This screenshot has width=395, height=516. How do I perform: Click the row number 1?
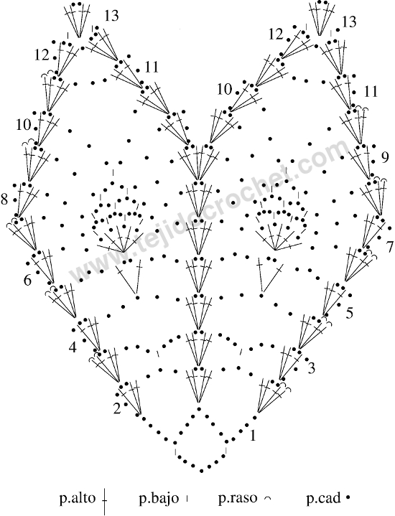253,436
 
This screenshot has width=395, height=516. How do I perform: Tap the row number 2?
117,409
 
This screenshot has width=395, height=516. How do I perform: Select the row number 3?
311,368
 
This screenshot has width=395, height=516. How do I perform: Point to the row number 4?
73,347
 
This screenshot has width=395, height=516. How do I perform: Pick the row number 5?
350,314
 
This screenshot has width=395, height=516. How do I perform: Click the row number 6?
27,281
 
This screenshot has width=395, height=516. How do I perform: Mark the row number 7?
390,247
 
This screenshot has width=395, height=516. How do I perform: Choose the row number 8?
4,200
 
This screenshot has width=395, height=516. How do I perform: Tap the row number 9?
385,159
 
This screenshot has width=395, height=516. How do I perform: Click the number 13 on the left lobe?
112,16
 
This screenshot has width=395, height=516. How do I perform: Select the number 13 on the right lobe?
349,22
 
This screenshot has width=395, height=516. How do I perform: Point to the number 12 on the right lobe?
275,34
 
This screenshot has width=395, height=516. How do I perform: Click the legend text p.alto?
78,498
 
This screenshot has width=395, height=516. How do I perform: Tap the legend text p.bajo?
159,498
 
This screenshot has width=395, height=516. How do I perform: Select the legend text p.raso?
237,498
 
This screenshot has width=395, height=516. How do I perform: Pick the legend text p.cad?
323,498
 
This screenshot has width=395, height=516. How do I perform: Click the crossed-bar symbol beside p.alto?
105,500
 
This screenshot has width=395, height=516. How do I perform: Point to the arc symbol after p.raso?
267,499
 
